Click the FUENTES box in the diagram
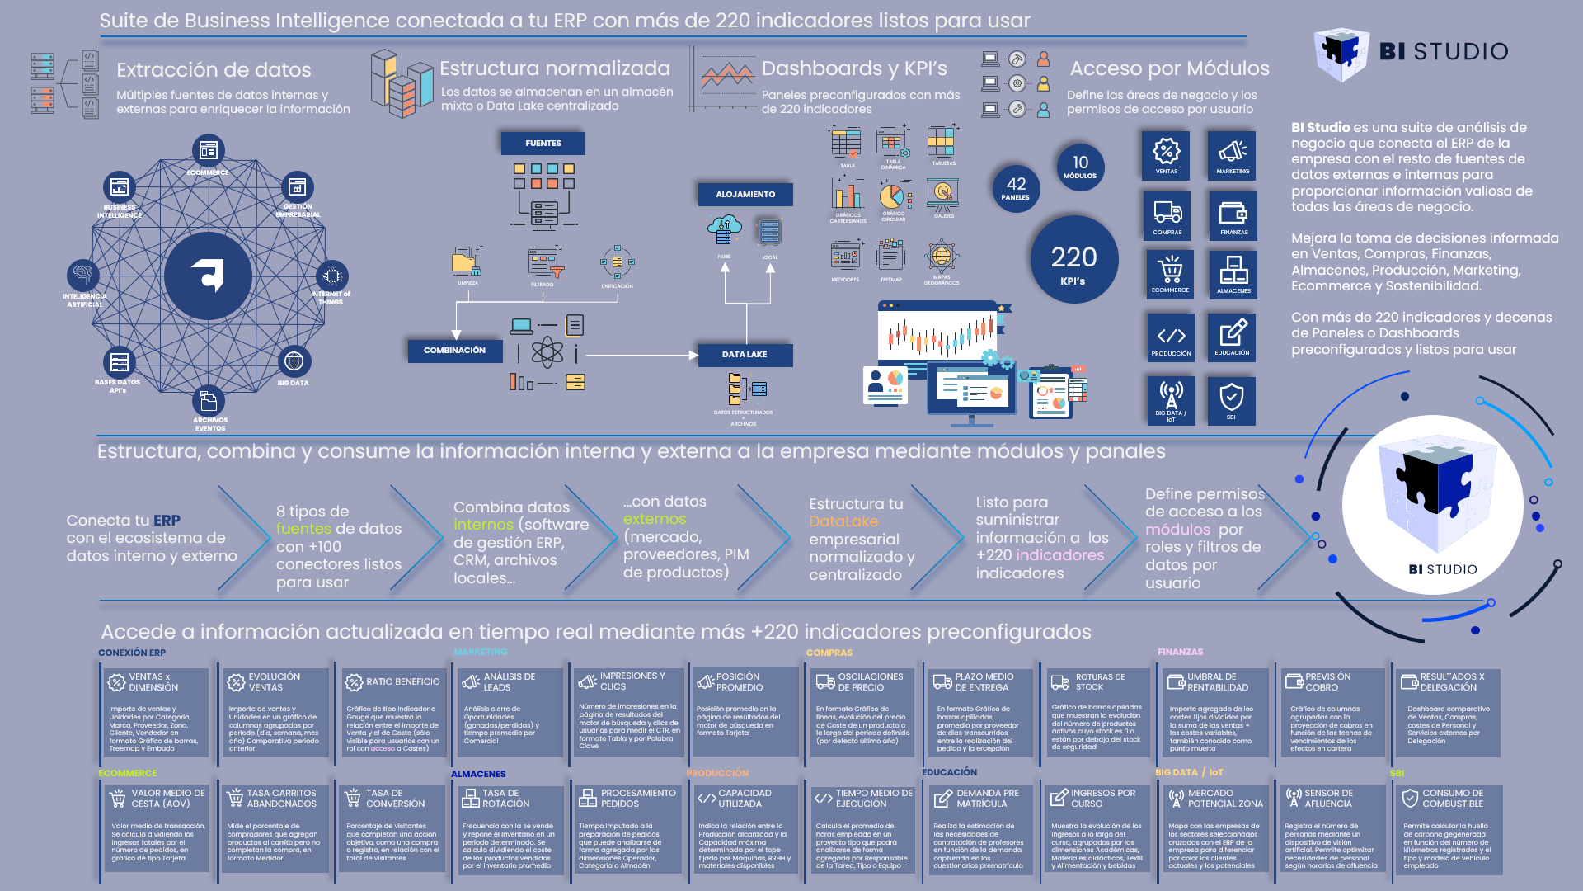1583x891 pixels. coord(543,144)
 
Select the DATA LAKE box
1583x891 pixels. coord(745,355)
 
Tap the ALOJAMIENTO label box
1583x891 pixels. coord(745,195)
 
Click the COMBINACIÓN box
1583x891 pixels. coord(454,351)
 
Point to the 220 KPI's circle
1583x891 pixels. coord(1073,260)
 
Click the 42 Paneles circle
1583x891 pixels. coord(1016,188)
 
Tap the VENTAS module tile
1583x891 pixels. coord(1166,155)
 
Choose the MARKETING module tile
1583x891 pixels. coord(1232,155)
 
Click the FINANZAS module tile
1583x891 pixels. coord(1233,215)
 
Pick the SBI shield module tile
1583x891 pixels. coord(1231,400)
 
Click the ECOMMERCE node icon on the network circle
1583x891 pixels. coord(208,151)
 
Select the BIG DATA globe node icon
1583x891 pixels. coord(294,361)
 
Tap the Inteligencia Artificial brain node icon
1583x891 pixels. coord(82,274)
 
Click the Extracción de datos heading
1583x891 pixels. coord(214,70)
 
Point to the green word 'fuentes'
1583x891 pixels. coord(303,529)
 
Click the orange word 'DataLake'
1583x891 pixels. coord(843,521)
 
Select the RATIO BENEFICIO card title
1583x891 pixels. coord(402,681)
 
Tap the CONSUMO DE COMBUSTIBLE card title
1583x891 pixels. coord(1452,798)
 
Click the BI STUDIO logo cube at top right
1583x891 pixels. coord(1342,53)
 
